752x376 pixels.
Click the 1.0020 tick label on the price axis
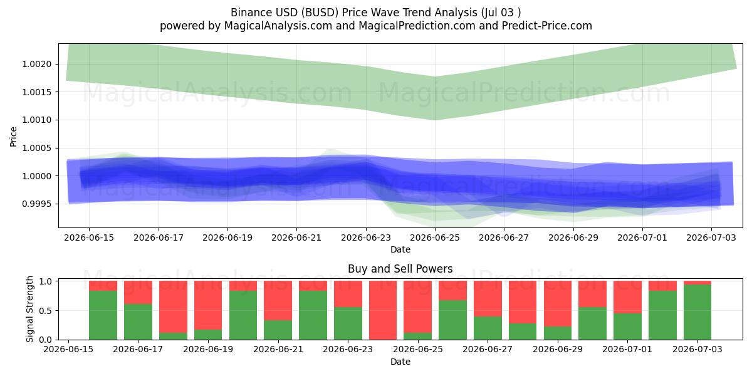point(36,64)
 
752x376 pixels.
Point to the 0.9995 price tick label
point(36,204)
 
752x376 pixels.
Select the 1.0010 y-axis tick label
point(36,120)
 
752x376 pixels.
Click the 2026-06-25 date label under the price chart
point(435,238)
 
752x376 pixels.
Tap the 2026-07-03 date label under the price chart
point(711,238)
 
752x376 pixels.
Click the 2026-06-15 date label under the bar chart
point(68,350)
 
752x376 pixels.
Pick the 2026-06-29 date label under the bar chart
point(558,350)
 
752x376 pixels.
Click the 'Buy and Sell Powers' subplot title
point(400,269)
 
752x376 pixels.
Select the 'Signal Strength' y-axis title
point(30,309)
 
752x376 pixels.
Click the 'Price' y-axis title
point(13,137)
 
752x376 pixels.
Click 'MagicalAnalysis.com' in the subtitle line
point(278,26)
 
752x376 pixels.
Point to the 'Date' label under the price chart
point(400,250)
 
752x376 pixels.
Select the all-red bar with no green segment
point(383,310)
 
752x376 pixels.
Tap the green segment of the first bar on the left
point(103,315)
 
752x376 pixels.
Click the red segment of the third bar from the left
point(173,307)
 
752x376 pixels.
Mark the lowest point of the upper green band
point(435,120)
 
